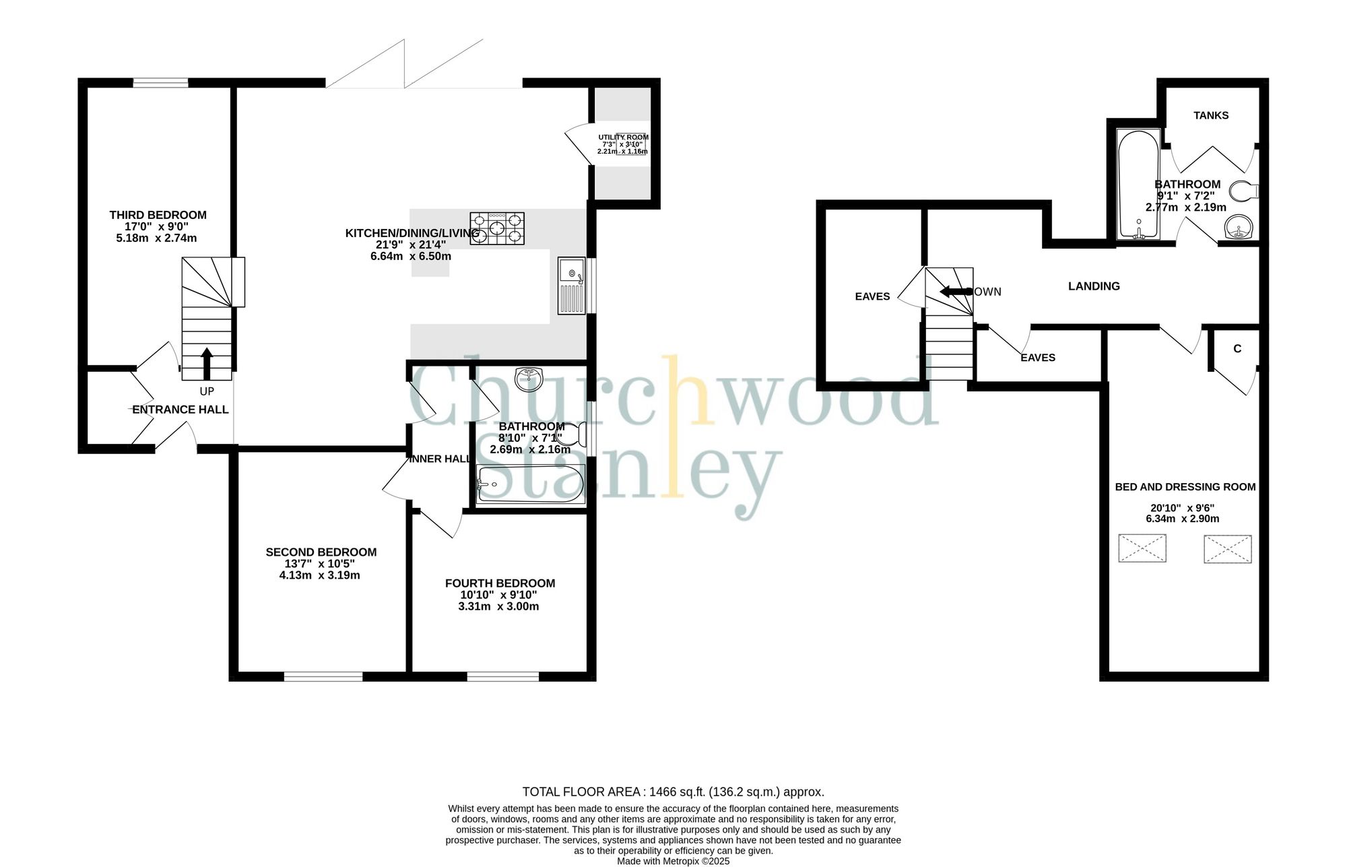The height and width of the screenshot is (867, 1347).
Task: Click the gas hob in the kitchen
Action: [497, 228]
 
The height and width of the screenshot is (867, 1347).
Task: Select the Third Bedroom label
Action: [158, 215]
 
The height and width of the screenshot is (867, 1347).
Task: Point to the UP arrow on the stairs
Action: [206, 364]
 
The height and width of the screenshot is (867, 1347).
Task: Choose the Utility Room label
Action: [623, 137]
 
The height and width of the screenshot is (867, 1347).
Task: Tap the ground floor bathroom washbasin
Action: [529, 379]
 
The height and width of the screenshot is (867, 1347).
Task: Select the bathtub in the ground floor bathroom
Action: [530, 484]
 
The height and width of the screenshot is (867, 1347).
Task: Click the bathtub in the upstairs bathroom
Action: [1138, 184]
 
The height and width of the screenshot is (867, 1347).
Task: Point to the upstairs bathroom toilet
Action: [1244, 190]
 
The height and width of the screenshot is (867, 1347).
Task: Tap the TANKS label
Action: [1211, 115]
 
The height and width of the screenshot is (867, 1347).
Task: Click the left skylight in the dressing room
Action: [1142, 548]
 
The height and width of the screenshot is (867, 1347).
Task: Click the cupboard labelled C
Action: [1237, 349]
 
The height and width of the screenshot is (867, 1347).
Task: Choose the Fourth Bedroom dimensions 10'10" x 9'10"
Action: [498, 595]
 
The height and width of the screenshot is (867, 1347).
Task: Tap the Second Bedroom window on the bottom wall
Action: [323, 676]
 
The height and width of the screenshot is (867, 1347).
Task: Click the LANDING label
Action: [1094, 286]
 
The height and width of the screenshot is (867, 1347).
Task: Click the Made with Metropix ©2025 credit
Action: [673, 861]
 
